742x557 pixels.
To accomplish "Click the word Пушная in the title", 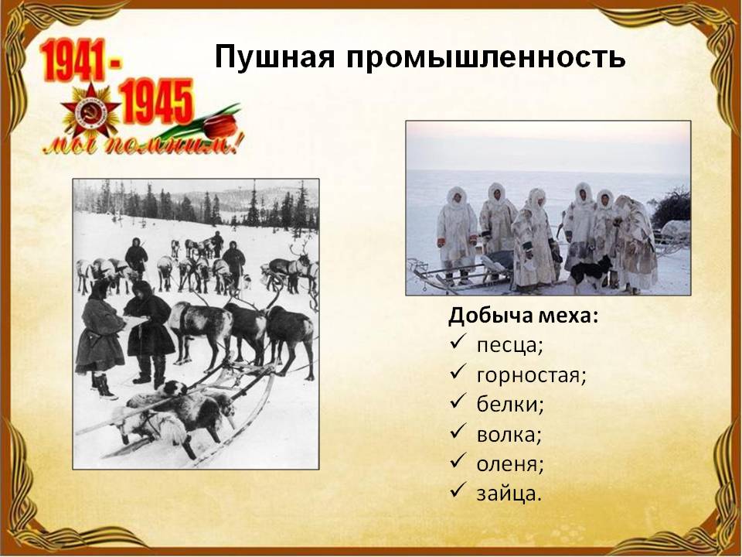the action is point(275,57).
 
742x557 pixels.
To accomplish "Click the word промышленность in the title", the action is point(486,57).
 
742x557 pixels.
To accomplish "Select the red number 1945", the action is point(156,101).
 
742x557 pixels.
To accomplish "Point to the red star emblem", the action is point(90,112).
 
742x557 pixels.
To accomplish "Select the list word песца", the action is point(509,345).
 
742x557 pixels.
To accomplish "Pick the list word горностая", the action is point(532,376).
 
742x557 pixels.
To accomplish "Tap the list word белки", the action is point(510,405).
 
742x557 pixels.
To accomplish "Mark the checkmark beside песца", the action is point(458,343).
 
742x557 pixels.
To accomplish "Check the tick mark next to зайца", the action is point(458,491).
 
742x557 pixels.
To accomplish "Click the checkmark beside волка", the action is point(458,432).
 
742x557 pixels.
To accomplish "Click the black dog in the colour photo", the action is point(589,273).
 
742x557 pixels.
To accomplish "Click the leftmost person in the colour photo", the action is point(457,235).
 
